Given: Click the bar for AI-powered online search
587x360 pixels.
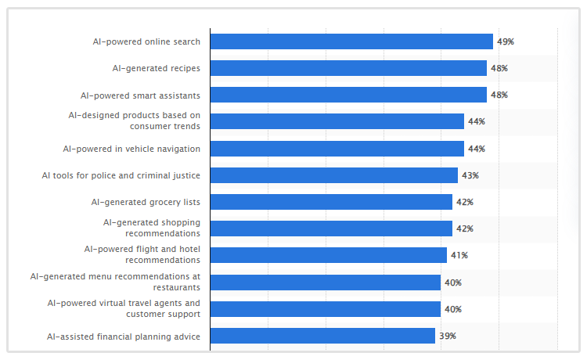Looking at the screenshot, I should (x=351, y=41).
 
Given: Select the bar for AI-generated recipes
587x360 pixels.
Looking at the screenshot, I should (x=348, y=68).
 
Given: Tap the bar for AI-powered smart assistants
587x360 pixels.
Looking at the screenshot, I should (x=348, y=95).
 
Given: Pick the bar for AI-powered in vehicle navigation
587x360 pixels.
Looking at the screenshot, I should (x=337, y=149).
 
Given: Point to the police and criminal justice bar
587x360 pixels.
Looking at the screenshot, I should (x=334, y=175).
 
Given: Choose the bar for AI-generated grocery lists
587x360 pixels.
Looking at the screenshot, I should (x=331, y=202).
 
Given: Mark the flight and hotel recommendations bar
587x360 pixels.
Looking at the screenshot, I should (x=329, y=255).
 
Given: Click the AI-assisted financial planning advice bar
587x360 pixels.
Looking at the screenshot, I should (x=322, y=336).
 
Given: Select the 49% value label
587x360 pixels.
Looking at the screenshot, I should (x=505, y=41).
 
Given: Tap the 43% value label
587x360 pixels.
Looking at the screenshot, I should (x=470, y=175).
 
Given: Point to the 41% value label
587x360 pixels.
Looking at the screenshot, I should (x=459, y=255).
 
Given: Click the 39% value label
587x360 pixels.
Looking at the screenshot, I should (x=447, y=336).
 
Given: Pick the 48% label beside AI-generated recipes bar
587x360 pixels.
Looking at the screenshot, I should (x=499, y=68).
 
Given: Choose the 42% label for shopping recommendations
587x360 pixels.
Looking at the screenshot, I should (x=464, y=229).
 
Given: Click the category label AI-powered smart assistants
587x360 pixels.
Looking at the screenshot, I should (x=140, y=95).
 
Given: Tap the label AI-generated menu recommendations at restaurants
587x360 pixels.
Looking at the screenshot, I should (x=115, y=282).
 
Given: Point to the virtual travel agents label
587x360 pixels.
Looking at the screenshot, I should (x=124, y=308).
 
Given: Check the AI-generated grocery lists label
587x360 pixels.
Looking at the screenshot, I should (x=146, y=202).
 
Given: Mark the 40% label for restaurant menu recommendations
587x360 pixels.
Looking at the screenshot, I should (x=452, y=283).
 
